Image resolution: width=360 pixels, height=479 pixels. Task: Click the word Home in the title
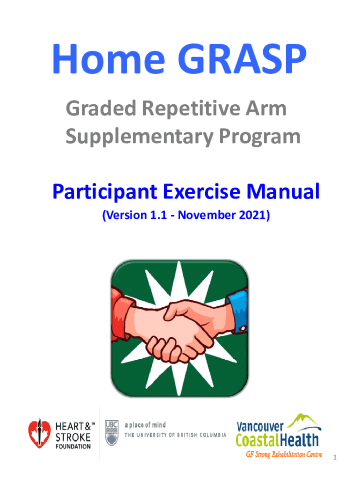(x=108, y=59)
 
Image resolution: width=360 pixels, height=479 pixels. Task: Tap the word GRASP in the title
(x=242, y=59)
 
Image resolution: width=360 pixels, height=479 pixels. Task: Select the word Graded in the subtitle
(x=101, y=108)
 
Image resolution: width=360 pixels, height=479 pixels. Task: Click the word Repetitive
(x=191, y=109)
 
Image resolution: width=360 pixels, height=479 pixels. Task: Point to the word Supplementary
(x=139, y=137)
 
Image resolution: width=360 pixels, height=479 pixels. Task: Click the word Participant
(x=105, y=192)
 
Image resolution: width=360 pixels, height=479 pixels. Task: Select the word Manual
(x=283, y=191)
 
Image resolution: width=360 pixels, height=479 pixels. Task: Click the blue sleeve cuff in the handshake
(x=238, y=312)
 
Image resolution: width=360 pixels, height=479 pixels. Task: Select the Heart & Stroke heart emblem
(x=39, y=433)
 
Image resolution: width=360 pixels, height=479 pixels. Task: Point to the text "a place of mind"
(x=145, y=425)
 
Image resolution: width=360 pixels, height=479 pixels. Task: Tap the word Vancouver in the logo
(x=260, y=426)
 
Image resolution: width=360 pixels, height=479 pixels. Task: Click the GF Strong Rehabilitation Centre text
(x=284, y=454)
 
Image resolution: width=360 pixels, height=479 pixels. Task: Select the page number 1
(x=335, y=457)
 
